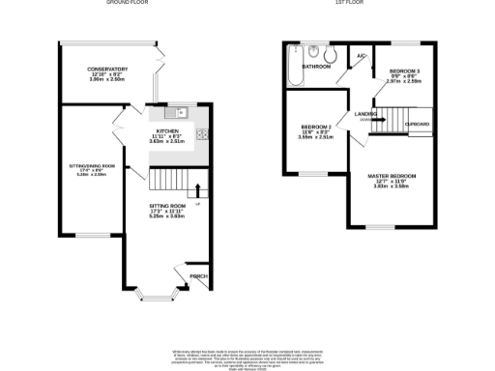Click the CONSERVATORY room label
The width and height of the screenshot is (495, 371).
coord(105,70)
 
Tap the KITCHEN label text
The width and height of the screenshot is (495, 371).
coord(167,131)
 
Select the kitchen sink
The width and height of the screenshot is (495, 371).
coord(180,114)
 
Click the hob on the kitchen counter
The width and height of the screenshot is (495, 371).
coord(202,134)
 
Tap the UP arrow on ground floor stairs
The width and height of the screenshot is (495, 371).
coord(198,189)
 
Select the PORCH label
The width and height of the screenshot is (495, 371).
coord(198,276)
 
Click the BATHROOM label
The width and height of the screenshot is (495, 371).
coord(316,67)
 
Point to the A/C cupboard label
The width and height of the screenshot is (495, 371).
coord(361,57)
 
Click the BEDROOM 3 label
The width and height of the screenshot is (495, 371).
coord(404,72)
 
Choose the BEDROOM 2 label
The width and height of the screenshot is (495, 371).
coord(316,128)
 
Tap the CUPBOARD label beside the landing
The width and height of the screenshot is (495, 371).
coord(418,124)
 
